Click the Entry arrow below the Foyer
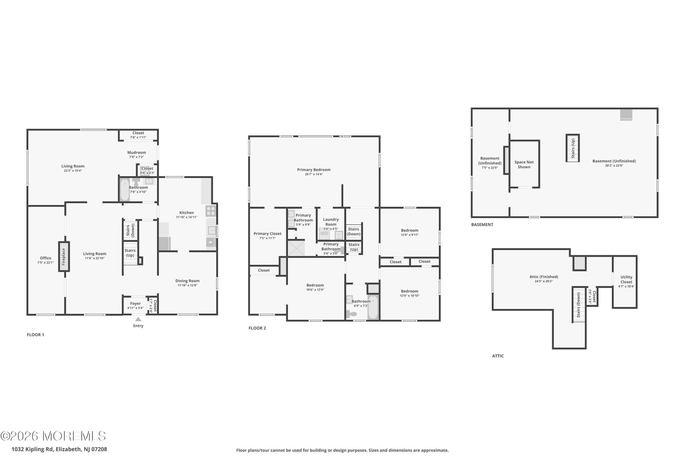click(138, 319)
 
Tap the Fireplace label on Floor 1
click(64, 257)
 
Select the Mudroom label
click(136, 152)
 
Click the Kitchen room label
click(187, 213)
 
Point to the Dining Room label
click(187, 281)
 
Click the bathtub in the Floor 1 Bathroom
click(125, 190)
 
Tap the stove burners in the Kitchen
click(211, 211)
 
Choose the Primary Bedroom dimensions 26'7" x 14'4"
click(314, 174)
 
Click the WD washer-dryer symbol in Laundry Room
click(324, 233)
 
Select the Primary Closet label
click(267, 234)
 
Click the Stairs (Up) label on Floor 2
click(354, 247)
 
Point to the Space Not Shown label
click(524, 165)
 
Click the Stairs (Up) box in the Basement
click(573, 148)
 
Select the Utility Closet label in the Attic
click(626, 280)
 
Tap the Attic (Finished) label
click(544, 277)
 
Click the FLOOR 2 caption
click(257, 328)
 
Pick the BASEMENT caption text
click(482, 225)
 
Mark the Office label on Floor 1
click(45, 258)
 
